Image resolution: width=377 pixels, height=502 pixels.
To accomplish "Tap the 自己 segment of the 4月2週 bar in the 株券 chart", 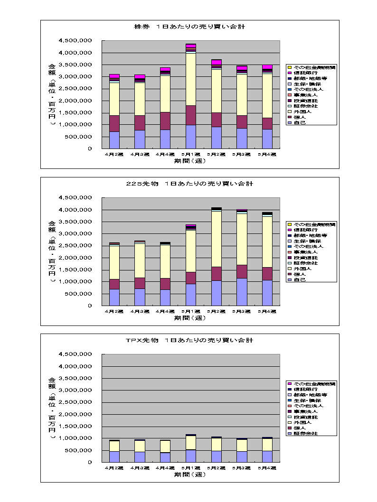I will (x=114, y=140).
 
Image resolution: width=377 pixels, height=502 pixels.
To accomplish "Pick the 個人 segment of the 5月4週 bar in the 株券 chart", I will (x=267, y=123).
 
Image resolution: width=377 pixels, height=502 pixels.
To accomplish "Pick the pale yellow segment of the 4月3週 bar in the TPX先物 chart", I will (x=140, y=446).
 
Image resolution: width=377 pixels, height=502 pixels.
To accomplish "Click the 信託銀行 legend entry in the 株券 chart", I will (x=306, y=73).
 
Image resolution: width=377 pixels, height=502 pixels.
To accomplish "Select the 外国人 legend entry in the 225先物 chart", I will (x=306, y=269).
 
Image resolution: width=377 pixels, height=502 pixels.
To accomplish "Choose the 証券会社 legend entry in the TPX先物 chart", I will (x=306, y=434).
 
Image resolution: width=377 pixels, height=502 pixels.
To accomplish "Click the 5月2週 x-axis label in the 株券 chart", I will (x=217, y=155).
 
